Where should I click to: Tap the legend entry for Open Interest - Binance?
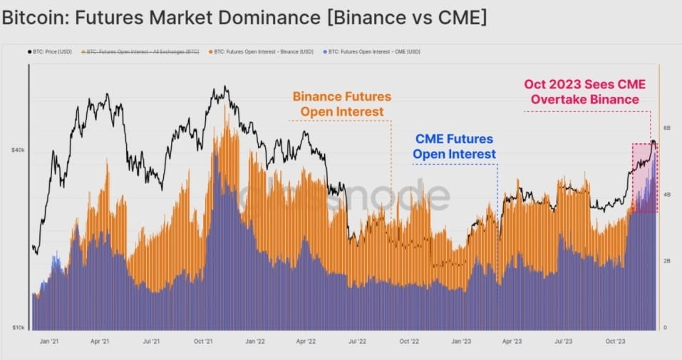[260, 51]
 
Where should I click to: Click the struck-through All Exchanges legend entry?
[141, 51]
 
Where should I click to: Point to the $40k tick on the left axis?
[18, 150]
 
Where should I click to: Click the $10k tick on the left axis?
[18, 328]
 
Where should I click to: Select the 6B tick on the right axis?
[668, 128]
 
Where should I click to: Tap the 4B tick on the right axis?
[668, 195]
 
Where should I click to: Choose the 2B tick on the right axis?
[668, 262]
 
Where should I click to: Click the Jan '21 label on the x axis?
[49, 341]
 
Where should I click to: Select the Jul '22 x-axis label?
[356, 341]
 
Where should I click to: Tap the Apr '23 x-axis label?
[512, 341]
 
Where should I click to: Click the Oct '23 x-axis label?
[614, 341]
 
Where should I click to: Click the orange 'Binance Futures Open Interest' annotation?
[342, 104]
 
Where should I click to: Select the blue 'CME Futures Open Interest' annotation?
[455, 146]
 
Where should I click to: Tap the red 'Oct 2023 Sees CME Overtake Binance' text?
[582, 92]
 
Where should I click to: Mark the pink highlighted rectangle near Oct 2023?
[644, 178]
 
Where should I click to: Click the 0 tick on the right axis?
[666, 328]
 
